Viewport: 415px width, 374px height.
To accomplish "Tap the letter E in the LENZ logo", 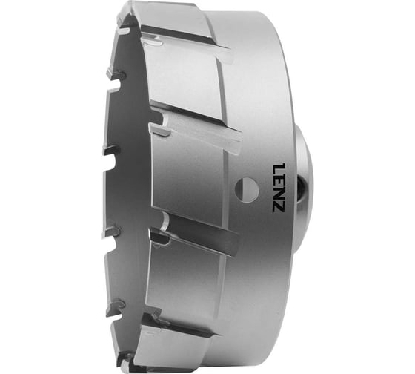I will coord(279,177).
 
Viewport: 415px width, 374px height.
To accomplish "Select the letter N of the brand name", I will coord(279,190).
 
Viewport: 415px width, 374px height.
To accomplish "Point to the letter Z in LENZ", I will coord(279,203).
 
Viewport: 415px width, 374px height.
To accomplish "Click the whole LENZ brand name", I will coord(279,185).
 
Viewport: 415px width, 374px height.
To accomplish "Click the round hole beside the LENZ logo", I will coord(247,189).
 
